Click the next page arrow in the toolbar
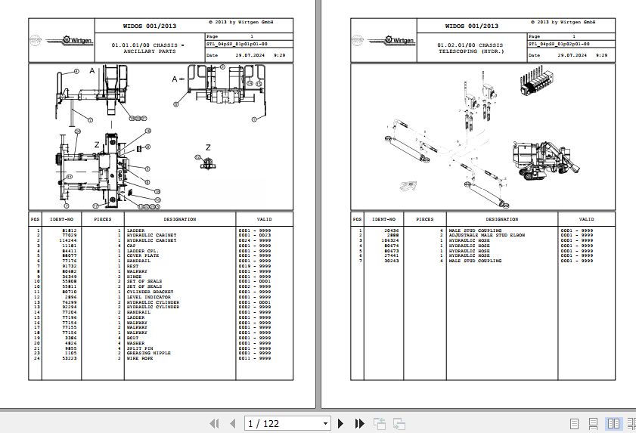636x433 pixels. pos(341,424)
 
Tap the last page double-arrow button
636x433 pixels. pos(358,424)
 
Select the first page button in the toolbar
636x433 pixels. pos(213,424)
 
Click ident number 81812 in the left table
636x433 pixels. pos(69,230)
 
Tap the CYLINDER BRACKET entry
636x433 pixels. pos(144,292)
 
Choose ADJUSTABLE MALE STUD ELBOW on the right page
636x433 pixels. pos(487,235)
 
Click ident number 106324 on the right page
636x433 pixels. pos(391,240)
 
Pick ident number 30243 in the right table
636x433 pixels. pos(392,261)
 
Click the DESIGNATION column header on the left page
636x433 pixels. pos(180,219)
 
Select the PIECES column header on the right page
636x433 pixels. pos(424,219)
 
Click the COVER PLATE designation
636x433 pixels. pos(142,255)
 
